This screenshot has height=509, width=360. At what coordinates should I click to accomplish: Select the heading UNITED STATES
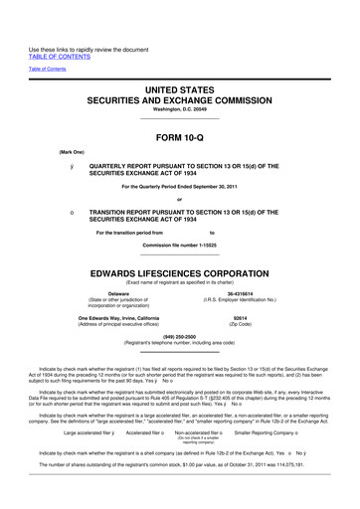pyautogui.click(x=179, y=89)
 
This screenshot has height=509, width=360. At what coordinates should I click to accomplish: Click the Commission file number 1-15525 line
pyautogui.click(x=180, y=245)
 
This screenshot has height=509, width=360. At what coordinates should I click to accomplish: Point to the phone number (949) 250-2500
pyautogui.click(x=180, y=335)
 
